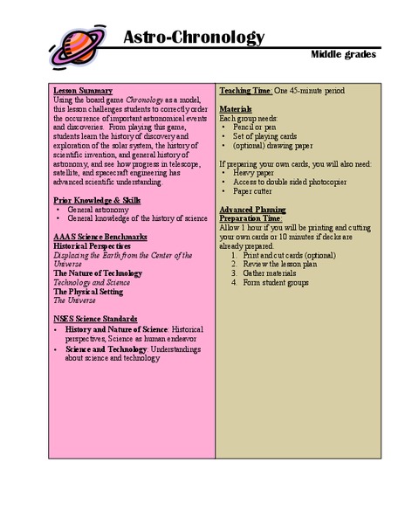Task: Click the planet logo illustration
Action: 78,44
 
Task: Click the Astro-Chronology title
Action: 193,37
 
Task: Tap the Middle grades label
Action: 343,55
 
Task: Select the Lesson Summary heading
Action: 83,90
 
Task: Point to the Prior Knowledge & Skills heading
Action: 97,199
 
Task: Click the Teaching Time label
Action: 246,90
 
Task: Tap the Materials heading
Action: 236,108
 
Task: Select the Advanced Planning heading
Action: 252,210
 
